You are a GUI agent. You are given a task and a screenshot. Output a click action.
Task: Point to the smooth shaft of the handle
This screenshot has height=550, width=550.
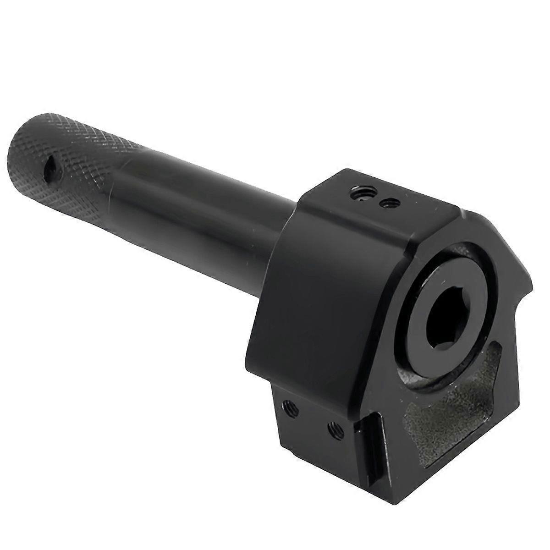click(192, 192)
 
